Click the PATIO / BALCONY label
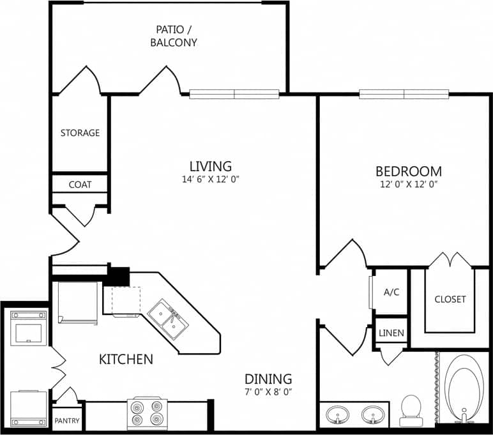coord(173,36)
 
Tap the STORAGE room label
coord(80,133)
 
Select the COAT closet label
coord(80,184)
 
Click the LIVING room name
coord(209,167)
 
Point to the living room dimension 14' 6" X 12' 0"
coord(209,179)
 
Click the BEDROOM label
coord(408,171)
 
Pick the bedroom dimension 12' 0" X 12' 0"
coord(408,184)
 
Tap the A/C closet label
coord(391,292)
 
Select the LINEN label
coord(391,333)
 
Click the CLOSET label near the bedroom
coord(450,299)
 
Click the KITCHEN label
coord(126,359)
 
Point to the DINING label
coord(268,378)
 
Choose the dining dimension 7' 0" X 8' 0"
coord(268,392)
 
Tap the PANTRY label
coord(66,421)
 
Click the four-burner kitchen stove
coord(146,413)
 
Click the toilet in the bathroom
coord(411,410)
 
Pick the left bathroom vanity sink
coord(337,416)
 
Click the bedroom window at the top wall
coord(404,95)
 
